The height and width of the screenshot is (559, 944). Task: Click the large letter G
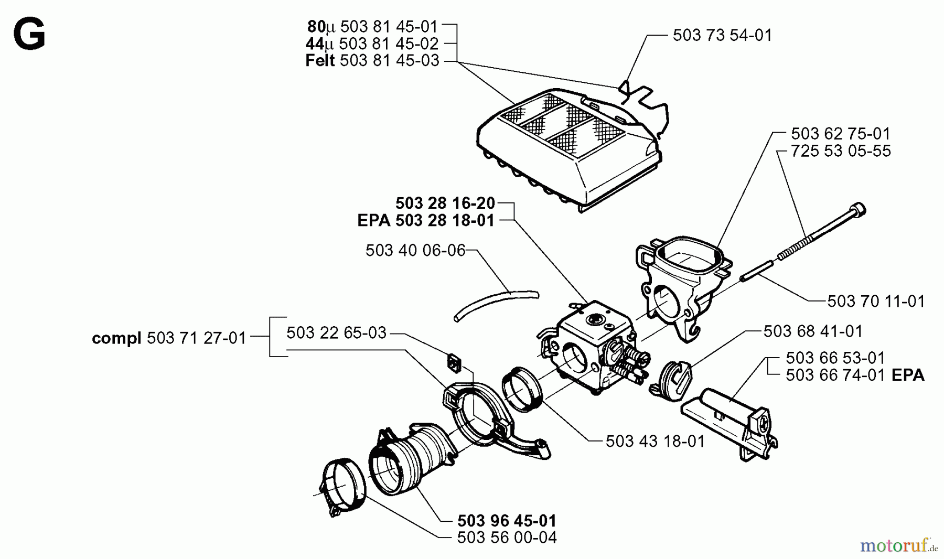click(x=29, y=35)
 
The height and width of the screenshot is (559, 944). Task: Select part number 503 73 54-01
click(x=722, y=35)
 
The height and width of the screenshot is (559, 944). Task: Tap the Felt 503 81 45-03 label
click(x=372, y=61)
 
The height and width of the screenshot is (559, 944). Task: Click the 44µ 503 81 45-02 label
click(x=372, y=44)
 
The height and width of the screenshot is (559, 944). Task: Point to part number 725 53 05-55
click(x=841, y=151)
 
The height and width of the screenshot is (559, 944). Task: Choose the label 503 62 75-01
click(x=841, y=133)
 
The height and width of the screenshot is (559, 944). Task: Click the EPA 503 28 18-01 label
click(x=426, y=221)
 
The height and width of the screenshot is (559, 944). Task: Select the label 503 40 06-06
click(x=415, y=251)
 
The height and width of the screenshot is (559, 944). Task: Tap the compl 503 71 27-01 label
click(x=169, y=338)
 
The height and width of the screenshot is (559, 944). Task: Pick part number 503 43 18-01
click(x=655, y=442)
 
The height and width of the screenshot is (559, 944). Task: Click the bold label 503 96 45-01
click(x=507, y=521)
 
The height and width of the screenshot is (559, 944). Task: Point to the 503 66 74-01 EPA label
click(x=855, y=375)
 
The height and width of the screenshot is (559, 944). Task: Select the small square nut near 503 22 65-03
click(x=454, y=363)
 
